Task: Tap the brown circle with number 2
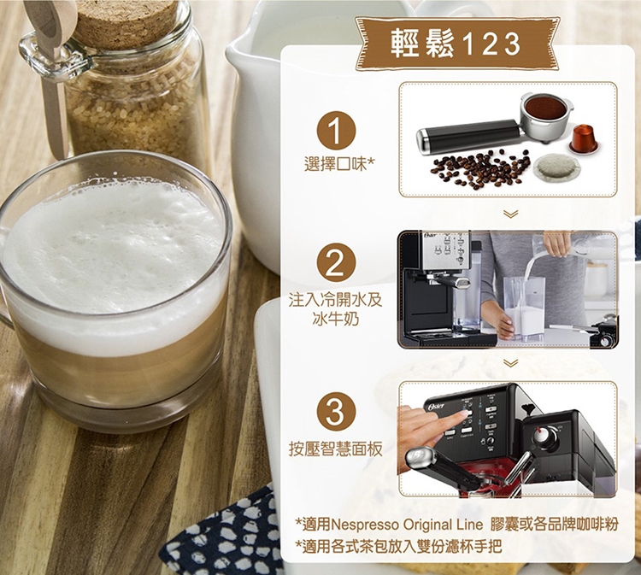point(335,264)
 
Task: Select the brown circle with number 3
point(335,413)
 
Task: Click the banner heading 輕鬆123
point(456,44)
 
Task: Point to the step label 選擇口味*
point(339,165)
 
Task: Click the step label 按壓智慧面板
point(335,449)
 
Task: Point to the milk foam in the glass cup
point(110,254)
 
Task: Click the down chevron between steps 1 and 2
point(511,214)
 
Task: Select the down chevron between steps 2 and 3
point(511,362)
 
